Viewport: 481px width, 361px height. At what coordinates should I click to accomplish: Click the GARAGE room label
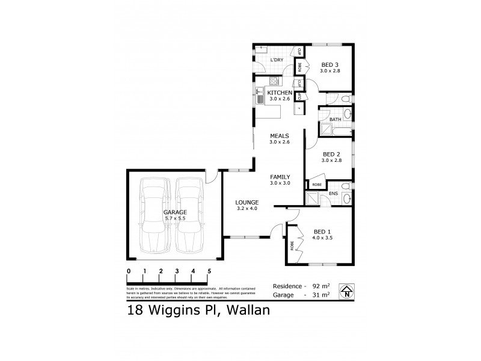175,212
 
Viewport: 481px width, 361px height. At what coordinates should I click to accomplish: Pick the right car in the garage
188,217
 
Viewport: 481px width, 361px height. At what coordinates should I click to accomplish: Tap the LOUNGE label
247,202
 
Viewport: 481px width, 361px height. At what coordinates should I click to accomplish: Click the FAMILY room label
280,176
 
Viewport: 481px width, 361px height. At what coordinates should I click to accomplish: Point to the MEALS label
280,136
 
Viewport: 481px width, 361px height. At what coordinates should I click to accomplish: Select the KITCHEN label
280,93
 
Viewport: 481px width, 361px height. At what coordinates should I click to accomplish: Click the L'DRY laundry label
277,61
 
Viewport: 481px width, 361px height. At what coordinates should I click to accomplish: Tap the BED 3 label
331,65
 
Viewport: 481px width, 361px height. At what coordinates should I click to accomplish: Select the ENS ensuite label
333,193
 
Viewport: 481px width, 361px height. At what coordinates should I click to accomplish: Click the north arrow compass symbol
346,291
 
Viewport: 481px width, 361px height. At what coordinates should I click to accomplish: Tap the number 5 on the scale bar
209,271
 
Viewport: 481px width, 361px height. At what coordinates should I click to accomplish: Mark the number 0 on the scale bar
129,271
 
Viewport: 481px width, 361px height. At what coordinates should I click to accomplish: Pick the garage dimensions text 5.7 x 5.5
175,220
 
